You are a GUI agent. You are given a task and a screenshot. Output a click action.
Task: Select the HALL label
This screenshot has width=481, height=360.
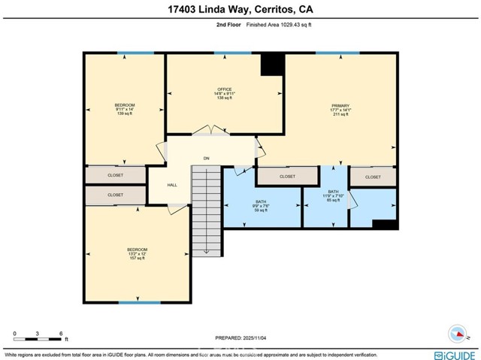(172, 185)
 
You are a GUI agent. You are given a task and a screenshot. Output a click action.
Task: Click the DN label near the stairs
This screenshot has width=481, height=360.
(205, 159)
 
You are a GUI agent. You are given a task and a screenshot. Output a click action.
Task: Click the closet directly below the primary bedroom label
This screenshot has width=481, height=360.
(287, 177)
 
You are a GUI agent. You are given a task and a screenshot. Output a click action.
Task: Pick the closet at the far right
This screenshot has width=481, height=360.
(374, 177)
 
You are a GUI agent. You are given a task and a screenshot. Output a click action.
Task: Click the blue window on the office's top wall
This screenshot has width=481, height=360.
(232, 53)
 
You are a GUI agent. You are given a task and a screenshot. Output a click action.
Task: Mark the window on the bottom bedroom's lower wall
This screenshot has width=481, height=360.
(140, 302)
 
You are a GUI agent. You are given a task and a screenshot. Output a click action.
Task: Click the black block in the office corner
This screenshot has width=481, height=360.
(271, 65)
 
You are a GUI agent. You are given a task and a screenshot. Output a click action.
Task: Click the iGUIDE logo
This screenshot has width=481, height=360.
(453, 354)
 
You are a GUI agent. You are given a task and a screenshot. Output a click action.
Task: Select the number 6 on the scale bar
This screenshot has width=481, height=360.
(61, 332)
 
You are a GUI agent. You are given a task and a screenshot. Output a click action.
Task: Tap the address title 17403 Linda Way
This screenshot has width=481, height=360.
(240, 9)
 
